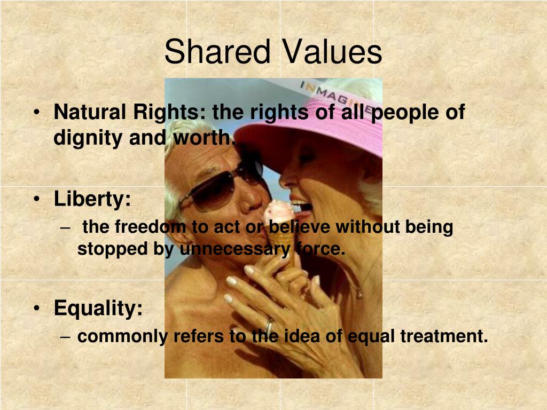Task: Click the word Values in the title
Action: (332, 53)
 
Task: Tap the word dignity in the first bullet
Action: (88, 138)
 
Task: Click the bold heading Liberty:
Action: (92, 200)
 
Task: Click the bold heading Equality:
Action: (98, 308)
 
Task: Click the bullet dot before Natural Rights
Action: (36, 114)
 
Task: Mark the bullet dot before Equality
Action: (36, 309)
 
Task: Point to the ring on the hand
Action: (269, 325)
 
